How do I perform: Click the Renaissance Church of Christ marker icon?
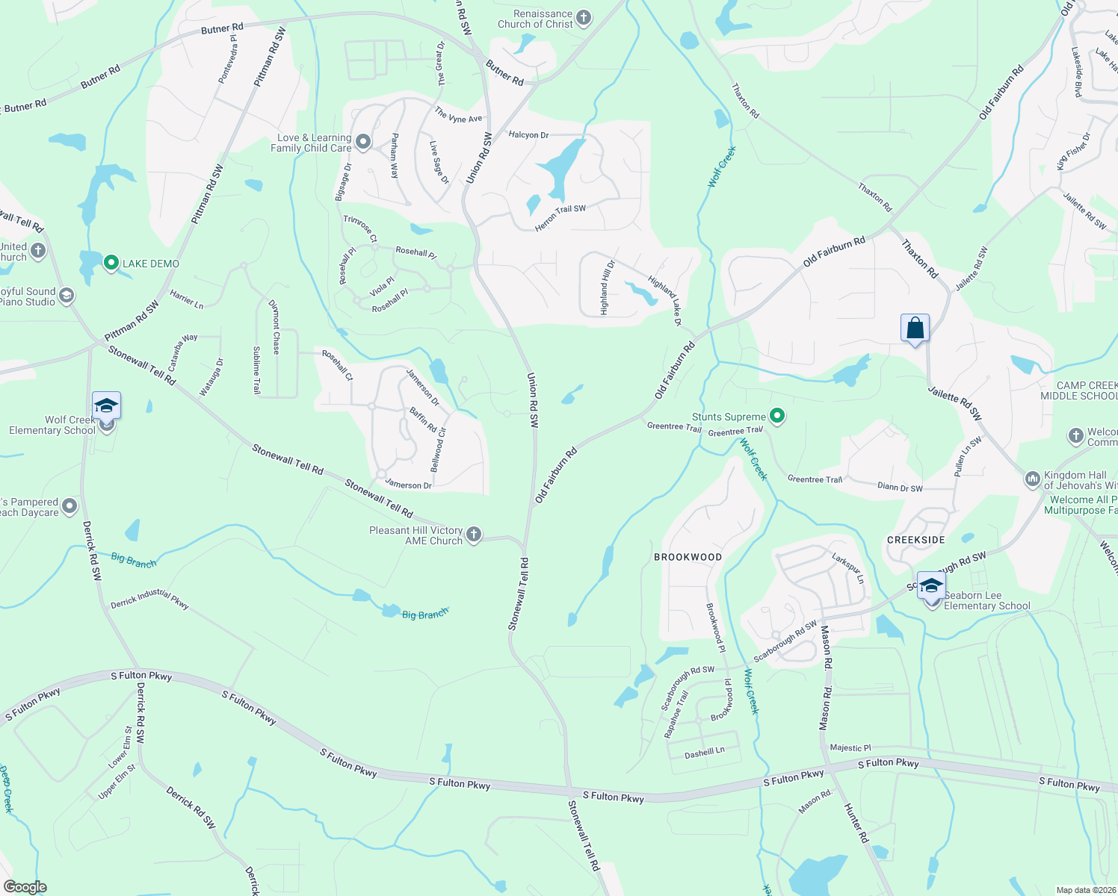(584, 18)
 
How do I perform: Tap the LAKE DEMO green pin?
(111, 263)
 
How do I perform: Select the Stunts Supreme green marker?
(777, 416)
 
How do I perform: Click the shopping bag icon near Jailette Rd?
(915, 329)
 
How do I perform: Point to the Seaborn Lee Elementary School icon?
(931, 586)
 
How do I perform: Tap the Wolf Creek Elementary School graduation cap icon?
(106, 406)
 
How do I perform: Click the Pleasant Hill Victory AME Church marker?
(473, 535)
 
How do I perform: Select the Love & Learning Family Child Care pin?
(363, 142)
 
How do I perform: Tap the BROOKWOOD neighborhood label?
(688, 557)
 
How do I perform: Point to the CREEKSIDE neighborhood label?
(915, 540)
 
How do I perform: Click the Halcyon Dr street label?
(528, 135)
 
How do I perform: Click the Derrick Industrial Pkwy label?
(149, 599)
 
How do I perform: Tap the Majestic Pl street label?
(850, 747)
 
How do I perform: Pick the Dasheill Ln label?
(704, 753)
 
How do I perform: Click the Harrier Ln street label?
(186, 299)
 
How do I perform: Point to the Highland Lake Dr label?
(665, 301)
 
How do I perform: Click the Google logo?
(25, 887)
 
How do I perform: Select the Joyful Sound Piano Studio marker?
(66, 296)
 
